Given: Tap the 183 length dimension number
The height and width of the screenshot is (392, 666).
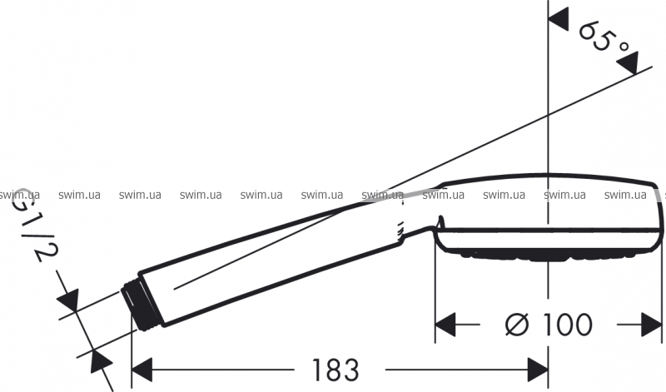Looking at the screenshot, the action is (x=335, y=370).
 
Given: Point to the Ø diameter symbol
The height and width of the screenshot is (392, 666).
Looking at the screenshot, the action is (x=517, y=325).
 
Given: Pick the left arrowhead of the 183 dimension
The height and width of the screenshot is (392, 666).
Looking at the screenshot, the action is (x=142, y=370).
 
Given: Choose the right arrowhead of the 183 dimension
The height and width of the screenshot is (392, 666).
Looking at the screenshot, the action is (x=538, y=370).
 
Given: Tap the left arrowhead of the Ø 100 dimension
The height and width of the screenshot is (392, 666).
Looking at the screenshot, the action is (x=445, y=325).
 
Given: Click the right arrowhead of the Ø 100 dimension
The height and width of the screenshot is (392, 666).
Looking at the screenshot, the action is (x=652, y=325).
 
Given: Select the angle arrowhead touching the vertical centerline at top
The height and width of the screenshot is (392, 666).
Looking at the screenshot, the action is (x=559, y=20).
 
